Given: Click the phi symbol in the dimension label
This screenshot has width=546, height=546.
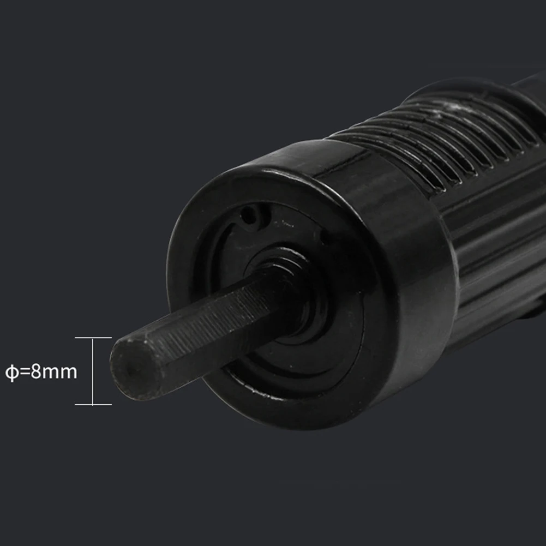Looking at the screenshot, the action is point(12,372).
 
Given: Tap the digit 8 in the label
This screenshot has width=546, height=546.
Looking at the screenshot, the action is point(36,371).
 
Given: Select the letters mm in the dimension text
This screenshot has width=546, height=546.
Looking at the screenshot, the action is point(59,373).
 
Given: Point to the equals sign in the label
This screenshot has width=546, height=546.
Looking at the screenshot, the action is point(25,372).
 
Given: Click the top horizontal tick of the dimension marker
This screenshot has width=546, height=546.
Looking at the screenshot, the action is point(93,338).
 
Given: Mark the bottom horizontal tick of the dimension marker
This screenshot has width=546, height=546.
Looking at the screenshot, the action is point(93,405).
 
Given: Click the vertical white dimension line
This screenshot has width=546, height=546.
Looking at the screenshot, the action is point(93,371).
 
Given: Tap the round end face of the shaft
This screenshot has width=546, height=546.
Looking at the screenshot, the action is point(136,370).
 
